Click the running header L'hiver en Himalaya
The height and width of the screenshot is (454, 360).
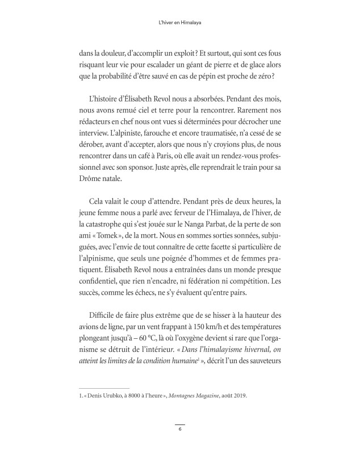point(179,24)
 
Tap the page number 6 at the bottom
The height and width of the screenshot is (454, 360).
point(179,430)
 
